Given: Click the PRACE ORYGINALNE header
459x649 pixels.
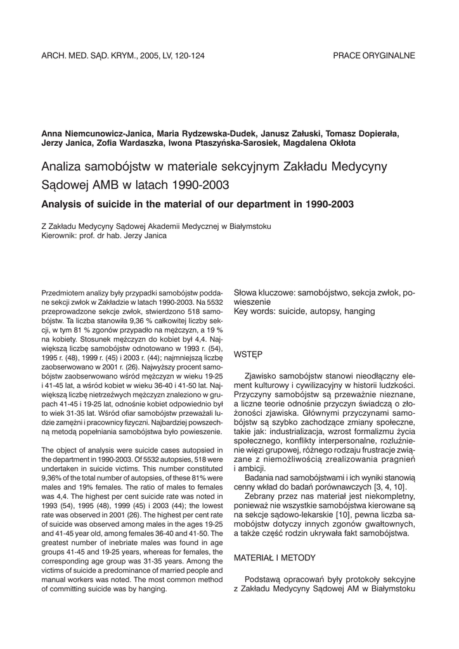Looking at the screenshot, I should pyautogui.click(x=374, y=55).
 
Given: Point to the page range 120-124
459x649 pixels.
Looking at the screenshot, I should pyautogui.click(x=187, y=55).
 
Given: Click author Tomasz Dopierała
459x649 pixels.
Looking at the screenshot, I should pyautogui.click(x=370, y=134).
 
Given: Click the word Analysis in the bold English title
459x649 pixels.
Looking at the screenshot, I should pyautogui.click(x=63, y=204).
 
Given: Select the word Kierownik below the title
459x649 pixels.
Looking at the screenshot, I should pyautogui.click(x=60, y=236).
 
